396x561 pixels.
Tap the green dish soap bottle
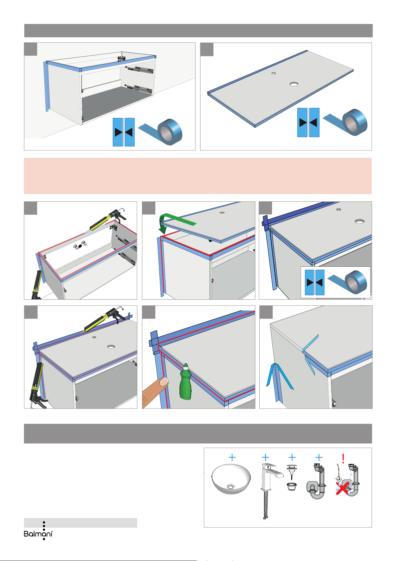pos(186,381)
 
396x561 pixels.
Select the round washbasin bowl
pos(231,479)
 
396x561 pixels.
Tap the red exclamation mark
pos(343,459)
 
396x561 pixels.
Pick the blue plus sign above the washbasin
pos(232,457)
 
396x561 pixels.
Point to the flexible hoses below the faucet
pos(265,505)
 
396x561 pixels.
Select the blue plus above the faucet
pos(265,457)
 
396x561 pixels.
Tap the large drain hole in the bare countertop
pos(294,84)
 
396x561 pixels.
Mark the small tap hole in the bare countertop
pos(274,74)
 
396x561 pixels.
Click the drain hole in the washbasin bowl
pos(230,486)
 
